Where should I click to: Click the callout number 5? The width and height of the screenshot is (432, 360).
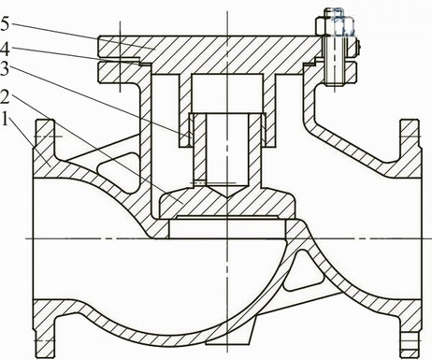[5, 24]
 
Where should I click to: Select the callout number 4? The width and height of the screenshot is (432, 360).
[6, 49]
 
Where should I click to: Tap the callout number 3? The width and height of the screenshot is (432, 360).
[5, 69]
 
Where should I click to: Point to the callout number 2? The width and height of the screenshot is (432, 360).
[6, 97]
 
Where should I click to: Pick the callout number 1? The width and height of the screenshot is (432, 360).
[5, 119]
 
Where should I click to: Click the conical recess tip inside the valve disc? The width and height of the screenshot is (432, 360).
[227, 196]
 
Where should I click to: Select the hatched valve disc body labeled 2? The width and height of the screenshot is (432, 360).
[226, 203]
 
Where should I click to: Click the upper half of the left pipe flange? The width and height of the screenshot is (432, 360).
[44, 149]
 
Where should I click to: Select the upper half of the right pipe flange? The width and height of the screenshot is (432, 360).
[410, 149]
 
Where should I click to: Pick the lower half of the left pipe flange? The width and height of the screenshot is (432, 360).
[44, 329]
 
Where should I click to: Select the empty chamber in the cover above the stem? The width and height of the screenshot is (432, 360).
[227, 93]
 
